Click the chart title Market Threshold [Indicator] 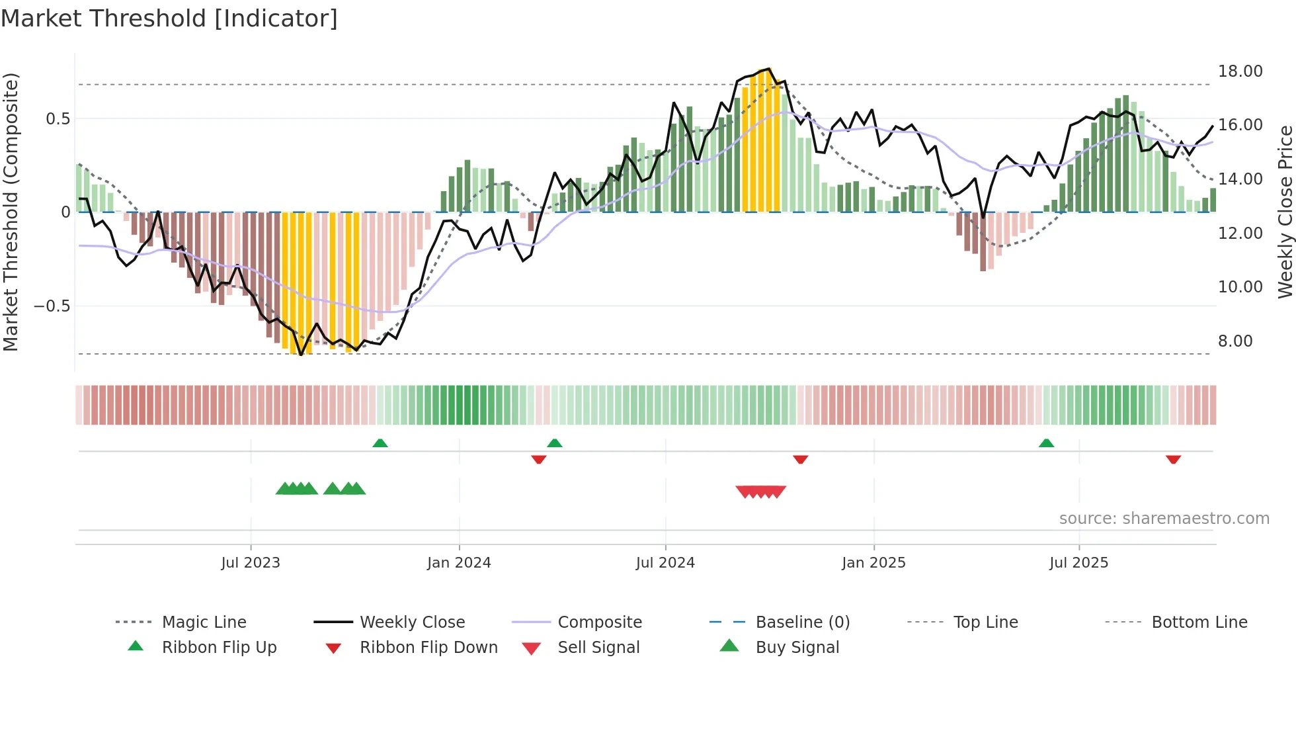click(x=169, y=19)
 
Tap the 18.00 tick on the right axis click(x=1240, y=71)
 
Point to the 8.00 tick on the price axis click(x=1235, y=341)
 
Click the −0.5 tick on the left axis click(x=52, y=306)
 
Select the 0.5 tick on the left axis click(x=58, y=119)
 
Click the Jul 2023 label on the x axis click(x=251, y=563)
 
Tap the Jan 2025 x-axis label click(x=873, y=563)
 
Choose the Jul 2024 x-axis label click(x=665, y=563)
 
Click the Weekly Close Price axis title click(x=1285, y=212)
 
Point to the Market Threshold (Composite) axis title click(x=11, y=212)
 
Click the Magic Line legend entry click(x=204, y=622)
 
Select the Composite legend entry click(x=600, y=622)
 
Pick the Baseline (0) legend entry click(x=802, y=622)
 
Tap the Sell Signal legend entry click(x=598, y=648)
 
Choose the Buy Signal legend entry click(x=797, y=648)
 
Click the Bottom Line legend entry click(x=1199, y=622)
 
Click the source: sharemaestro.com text click(x=1164, y=519)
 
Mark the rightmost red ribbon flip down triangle click(x=1173, y=459)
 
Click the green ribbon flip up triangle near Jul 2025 click(x=1046, y=443)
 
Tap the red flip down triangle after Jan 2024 click(x=538, y=459)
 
